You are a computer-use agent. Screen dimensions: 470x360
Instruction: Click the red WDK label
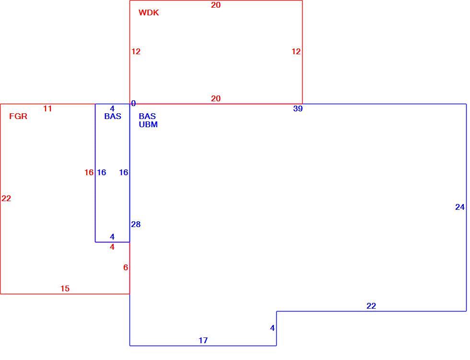point(149,12)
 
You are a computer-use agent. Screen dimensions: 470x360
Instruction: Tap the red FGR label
point(18,116)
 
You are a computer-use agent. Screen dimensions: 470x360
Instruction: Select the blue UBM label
point(148,124)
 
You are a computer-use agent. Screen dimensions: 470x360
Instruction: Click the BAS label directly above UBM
point(147,116)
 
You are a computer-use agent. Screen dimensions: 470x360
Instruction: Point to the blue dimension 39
point(298,108)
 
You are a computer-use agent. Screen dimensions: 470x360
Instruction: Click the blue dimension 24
point(460,207)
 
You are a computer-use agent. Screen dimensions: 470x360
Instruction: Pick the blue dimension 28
point(136,224)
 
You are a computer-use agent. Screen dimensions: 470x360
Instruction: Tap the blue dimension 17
point(203,340)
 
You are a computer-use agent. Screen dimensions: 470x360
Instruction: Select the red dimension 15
point(65,288)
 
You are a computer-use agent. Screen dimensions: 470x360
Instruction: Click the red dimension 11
point(47,108)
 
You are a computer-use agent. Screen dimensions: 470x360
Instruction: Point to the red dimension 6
point(126,267)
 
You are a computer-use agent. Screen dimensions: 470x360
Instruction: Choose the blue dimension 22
point(371,306)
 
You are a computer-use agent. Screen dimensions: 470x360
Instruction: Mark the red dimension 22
point(6,198)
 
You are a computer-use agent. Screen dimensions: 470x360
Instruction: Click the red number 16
point(89,172)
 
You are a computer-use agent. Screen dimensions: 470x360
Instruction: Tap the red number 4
point(112,247)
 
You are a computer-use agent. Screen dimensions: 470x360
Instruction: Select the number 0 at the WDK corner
point(133,104)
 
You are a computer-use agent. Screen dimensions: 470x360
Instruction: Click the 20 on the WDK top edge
point(216,5)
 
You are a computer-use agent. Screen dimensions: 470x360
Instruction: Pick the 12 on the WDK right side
point(296,51)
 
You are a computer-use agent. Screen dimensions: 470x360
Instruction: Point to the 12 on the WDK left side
point(136,51)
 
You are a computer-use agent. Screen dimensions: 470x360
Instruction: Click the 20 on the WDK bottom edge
point(216,98)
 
